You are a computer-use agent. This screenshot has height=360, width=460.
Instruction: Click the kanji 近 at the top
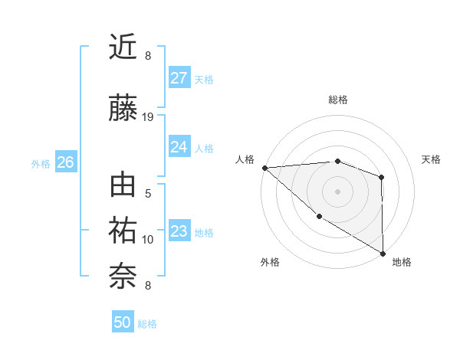pyautogui.click(x=123, y=47)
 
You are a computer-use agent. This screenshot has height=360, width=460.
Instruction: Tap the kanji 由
pyautogui.click(x=123, y=187)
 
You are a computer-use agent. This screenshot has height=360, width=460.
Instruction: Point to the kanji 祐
pyautogui.click(x=123, y=231)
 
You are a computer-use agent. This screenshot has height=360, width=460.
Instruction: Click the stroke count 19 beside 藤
pyautogui.click(x=148, y=117)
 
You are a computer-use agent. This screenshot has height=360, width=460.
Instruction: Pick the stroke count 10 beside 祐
pyautogui.click(x=148, y=240)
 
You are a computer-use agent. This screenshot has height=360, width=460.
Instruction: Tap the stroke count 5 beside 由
pyautogui.click(x=148, y=194)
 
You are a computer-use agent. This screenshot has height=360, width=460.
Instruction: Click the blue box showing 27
pyautogui.click(x=179, y=77)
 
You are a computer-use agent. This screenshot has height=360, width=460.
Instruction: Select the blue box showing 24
pyautogui.click(x=179, y=146)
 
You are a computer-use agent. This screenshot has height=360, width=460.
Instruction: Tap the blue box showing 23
pyautogui.click(x=179, y=231)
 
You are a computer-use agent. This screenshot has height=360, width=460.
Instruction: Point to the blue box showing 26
pyautogui.click(x=66, y=162)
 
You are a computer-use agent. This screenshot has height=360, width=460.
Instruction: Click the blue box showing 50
pyautogui.click(x=123, y=322)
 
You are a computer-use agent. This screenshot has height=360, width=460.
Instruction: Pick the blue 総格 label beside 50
pyautogui.click(x=148, y=324)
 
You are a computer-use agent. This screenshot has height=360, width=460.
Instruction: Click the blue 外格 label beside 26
pyautogui.click(x=41, y=163)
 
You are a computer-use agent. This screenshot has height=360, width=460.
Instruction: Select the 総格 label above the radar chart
pyautogui.click(x=338, y=100)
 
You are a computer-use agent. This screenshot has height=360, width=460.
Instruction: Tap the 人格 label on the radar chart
pyautogui.click(x=245, y=159)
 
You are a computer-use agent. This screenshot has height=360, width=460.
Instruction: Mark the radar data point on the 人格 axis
pyautogui.click(x=264, y=168)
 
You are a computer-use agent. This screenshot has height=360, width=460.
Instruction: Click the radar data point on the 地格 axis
pyautogui.click(x=383, y=253)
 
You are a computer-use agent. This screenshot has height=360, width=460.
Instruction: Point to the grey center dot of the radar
pyautogui.click(x=337, y=191)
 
